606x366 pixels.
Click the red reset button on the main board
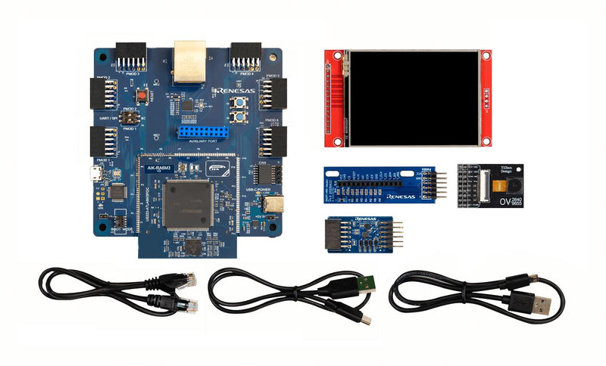coord(141,97)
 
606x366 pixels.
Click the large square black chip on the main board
coord(186,204)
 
